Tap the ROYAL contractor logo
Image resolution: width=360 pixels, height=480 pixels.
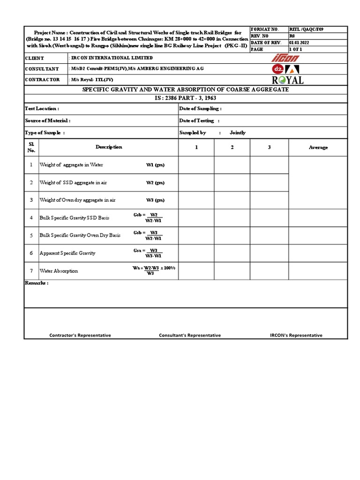tap(287, 80)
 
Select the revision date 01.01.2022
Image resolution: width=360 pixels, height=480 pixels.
tap(300, 43)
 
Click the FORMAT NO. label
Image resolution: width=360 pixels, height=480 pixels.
tap(265, 29)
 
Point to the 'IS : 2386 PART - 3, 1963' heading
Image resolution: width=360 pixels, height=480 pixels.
tap(186, 98)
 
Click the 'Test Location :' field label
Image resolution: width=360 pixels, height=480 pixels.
tap(42, 109)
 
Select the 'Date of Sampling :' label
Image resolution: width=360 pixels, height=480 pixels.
tap(200, 109)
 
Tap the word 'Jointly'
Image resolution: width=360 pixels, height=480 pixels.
tap(237, 133)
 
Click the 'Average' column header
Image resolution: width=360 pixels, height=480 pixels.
tap(318, 147)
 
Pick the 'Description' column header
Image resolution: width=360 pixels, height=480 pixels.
tap(109, 147)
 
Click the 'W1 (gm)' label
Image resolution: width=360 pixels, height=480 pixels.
tap(155, 165)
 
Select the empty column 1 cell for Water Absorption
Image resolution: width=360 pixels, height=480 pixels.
tap(196, 271)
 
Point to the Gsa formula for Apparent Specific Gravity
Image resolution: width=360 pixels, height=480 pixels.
tap(148, 253)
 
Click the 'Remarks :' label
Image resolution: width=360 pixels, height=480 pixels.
tap(36, 284)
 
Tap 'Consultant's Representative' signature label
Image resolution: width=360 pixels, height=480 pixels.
tap(190, 335)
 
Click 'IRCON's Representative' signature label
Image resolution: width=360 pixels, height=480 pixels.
tap(296, 335)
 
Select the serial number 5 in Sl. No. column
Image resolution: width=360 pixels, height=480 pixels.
tap(31, 235)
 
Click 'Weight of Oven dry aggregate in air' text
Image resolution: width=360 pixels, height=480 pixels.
tap(77, 200)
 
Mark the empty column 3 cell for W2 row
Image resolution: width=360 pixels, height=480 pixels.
tap(269, 183)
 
